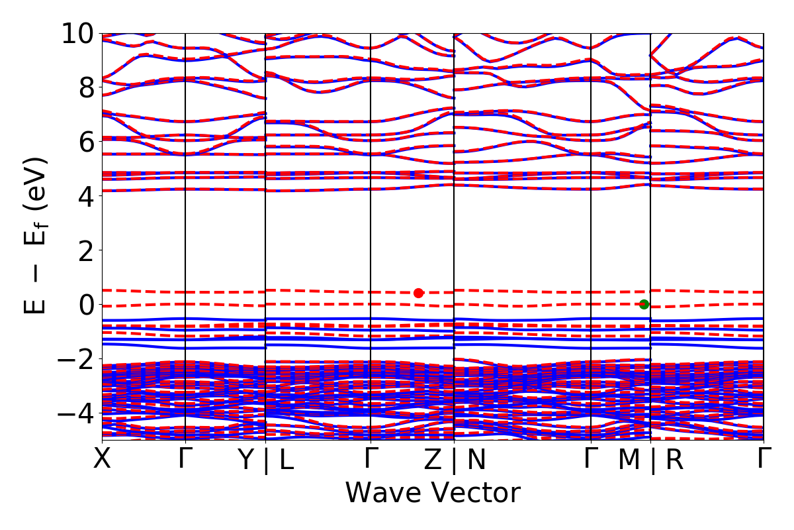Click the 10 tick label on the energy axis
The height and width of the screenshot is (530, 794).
tap(80, 33)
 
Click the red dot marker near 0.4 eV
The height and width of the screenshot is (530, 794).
tap(418, 293)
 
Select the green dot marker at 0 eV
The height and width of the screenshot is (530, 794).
tap(644, 305)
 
